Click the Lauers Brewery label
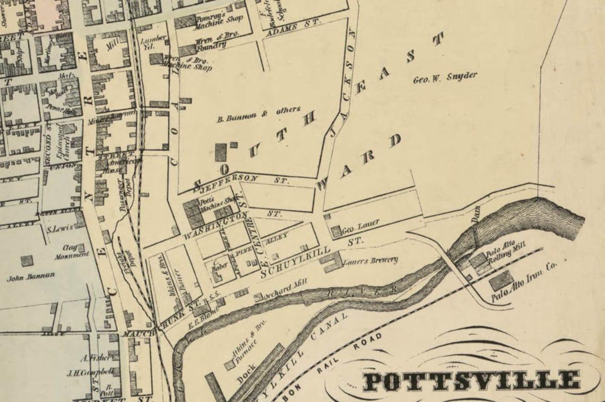370,261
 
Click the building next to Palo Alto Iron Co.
500,280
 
